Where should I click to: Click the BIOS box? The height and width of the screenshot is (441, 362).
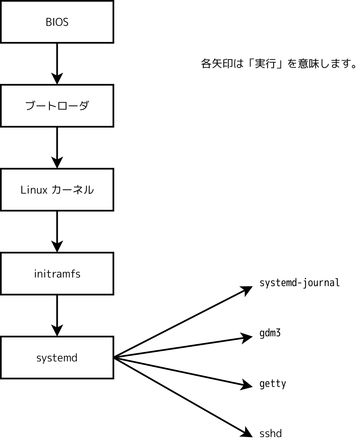(x=57, y=22)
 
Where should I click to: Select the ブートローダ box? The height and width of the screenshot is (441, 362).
(x=57, y=106)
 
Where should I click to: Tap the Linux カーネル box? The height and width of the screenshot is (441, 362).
(x=57, y=190)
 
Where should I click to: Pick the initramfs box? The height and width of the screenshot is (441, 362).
(x=57, y=274)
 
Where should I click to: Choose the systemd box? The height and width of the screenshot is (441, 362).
(x=57, y=357)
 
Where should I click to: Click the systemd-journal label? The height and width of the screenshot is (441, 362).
(x=299, y=283)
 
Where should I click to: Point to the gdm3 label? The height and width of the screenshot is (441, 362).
(x=270, y=333)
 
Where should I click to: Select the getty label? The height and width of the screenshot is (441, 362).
(x=273, y=384)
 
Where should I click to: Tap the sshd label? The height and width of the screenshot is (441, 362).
(x=271, y=433)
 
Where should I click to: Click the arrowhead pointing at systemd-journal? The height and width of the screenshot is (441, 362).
(x=247, y=290)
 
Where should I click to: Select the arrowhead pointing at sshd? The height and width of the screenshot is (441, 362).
(x=247, y=432)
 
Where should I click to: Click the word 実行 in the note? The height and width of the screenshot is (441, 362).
(x=265, y=64)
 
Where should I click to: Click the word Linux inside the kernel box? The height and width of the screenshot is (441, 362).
(x=34, y=190)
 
